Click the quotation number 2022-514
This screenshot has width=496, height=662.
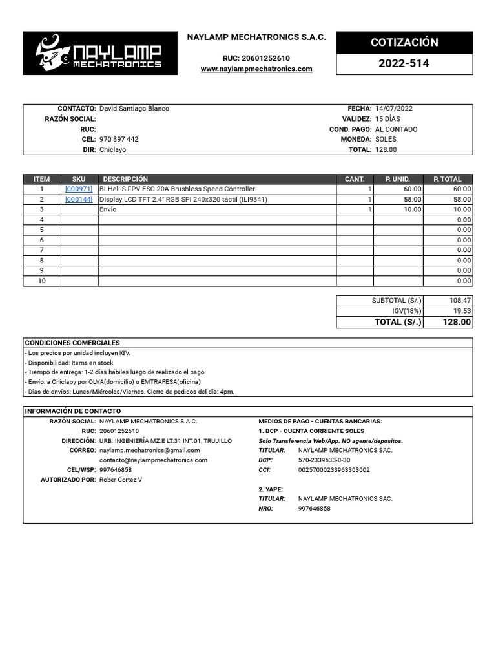(404, 64)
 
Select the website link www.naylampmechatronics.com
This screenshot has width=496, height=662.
(256, 69)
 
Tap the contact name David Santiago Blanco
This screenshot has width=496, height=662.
(134, 109)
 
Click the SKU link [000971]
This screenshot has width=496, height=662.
(79, 189)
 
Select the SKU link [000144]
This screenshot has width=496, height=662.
(79, 200)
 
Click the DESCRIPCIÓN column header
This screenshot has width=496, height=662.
(125, 179)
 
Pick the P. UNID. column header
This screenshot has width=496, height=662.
(398, 179)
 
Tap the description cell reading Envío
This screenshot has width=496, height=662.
(108, 210)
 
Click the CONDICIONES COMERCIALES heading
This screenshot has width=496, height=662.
(72, 343)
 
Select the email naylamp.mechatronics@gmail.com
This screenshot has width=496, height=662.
(150, 450)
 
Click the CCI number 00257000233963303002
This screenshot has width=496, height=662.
(334, 470)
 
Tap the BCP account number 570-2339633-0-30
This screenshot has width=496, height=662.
(324, 460)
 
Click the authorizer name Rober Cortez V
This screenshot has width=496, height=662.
(121, 480)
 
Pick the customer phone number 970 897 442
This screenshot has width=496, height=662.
(119, 139)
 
